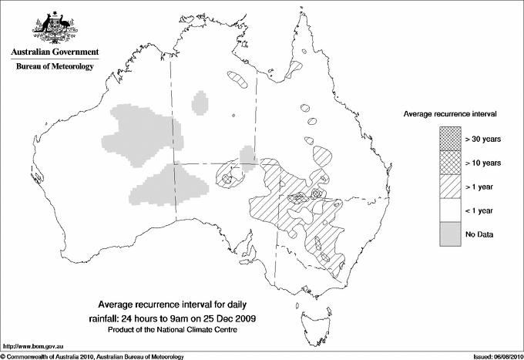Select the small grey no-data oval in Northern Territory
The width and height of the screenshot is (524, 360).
201,102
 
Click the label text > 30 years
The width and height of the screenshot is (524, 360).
482,139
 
